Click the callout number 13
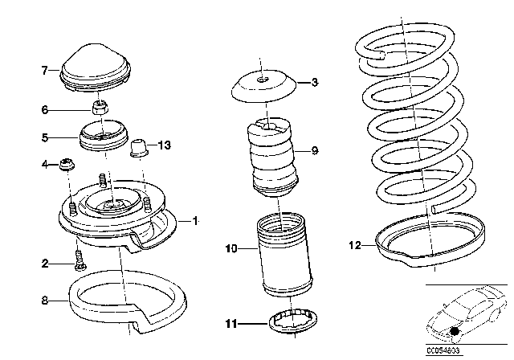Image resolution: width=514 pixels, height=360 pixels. [165, 145]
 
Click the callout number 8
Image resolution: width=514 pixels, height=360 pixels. [45, 301]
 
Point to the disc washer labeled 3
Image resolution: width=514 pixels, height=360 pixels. [262, 86]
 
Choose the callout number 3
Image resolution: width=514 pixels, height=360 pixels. [315, 82]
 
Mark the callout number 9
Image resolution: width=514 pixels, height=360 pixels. [315, 150]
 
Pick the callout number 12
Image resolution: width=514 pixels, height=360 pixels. [356, 245]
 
